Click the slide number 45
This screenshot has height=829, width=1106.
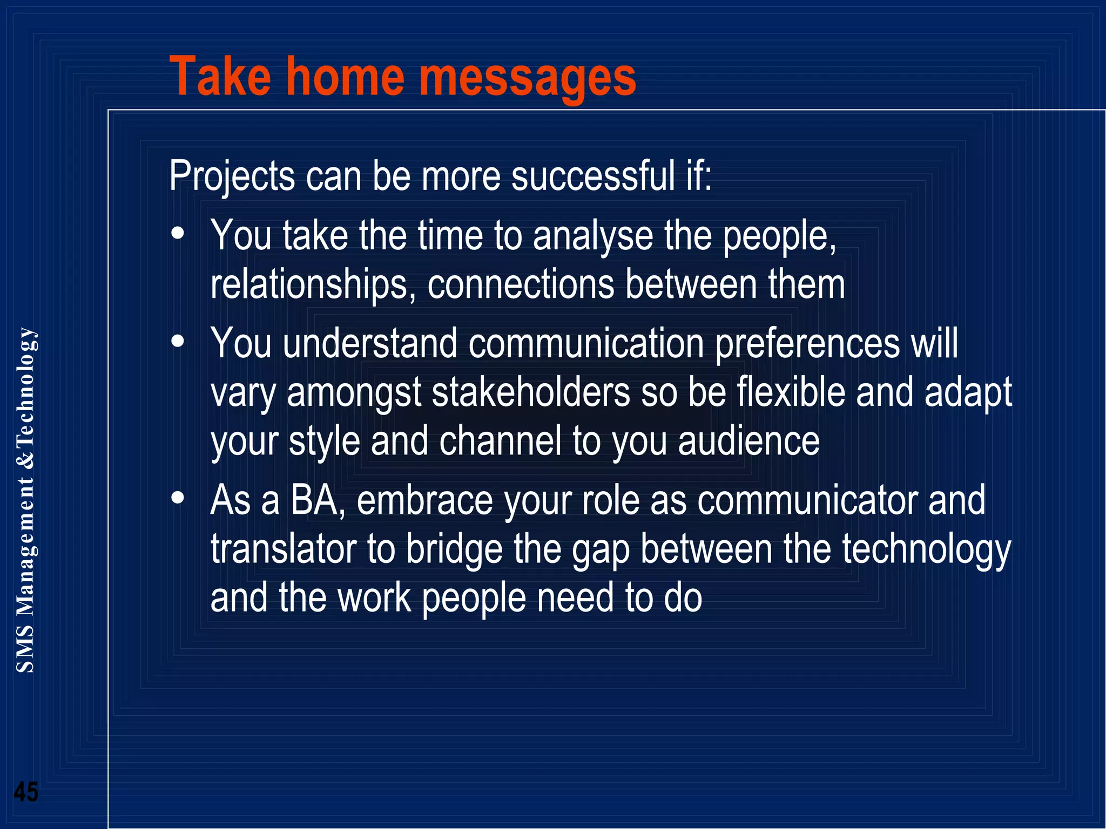point(26,792)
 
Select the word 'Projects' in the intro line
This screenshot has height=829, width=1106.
point(232,176)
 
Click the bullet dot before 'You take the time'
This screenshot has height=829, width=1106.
point(178,234)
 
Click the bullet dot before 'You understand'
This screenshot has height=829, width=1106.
point(178,341)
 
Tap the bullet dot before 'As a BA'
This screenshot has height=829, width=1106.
point(178,498)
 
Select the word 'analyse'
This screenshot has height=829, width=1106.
point(592,236)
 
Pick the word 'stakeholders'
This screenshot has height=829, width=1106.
point(531,392)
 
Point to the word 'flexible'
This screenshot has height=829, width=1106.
point(791,392)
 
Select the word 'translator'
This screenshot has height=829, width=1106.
point(283,549)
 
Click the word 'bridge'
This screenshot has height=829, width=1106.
point(454,549)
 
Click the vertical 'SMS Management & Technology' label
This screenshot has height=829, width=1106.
point(25,500)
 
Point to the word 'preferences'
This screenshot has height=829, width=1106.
point(807,344)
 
